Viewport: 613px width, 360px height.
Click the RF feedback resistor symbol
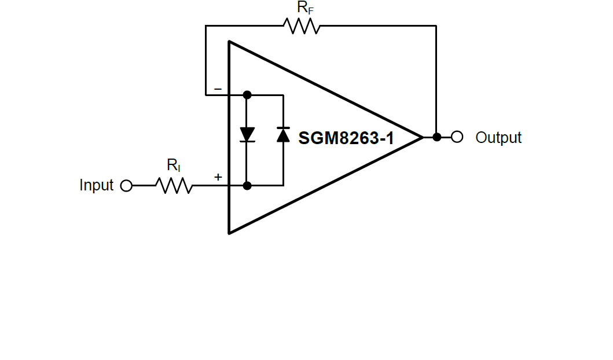tap(302, 26)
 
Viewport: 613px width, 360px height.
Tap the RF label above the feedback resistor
tap(305, 8)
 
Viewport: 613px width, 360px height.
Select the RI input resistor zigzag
tap(174, 186)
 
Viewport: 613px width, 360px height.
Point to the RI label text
tap(174, 166)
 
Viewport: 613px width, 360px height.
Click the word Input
tap(96, 186)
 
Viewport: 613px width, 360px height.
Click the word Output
tap(498, 138)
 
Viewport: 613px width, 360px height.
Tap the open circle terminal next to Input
tap(126, 186)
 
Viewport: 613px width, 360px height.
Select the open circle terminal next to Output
tap(457, 137)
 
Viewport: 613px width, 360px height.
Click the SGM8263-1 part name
tap(346, 138)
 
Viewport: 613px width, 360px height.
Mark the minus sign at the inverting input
tap(218, 89)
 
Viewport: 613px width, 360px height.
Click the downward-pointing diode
tap(247, 135)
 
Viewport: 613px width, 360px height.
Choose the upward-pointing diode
tap(283, 135)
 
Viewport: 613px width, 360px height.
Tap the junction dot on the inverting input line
tap(247, 94)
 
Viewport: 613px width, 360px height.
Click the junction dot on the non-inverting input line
tap(247, 186)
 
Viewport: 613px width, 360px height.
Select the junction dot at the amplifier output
tap(437, 137)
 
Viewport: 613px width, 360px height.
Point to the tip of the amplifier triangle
tap(422, 137)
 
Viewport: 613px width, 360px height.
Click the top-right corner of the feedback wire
tap(436, 26)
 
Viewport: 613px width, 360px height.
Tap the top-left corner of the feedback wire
tap(205, 26)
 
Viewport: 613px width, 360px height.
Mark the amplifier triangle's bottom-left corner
tap(230, 233)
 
